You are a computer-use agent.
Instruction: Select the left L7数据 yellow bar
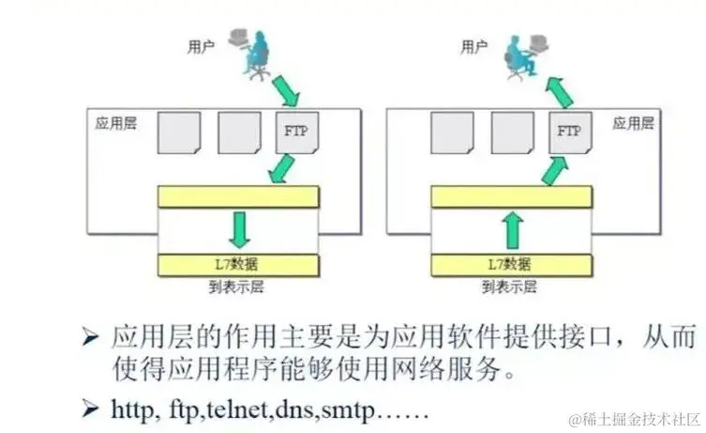[239, 264]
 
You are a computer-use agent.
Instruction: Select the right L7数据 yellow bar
[512, 264]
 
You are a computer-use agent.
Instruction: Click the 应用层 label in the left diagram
[116, 123]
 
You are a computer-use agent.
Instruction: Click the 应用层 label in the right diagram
[634, 123]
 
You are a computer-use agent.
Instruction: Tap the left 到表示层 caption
[239, 286]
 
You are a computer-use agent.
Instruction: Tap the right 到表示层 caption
[512, 286]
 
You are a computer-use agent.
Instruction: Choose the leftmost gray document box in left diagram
[177, 134]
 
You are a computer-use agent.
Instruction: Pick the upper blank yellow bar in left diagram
[239, 196]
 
